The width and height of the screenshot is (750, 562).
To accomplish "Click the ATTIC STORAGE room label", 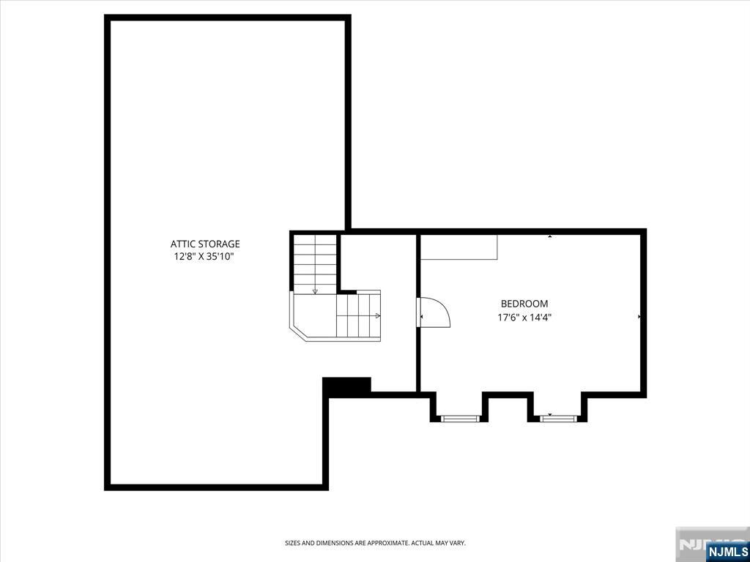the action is point(205,244).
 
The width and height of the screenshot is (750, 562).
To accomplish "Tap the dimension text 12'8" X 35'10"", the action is point(205,257).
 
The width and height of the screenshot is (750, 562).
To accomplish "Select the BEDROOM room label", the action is point(524,304).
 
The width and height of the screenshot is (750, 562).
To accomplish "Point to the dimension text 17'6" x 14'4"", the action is point(524,317).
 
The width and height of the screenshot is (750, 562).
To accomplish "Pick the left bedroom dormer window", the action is point(460,419).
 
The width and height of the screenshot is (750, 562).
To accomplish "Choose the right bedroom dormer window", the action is point(558,419).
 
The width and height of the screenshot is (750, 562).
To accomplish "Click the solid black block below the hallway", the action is point(346,385).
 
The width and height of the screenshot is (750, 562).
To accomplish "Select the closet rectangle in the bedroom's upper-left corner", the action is point(458,247).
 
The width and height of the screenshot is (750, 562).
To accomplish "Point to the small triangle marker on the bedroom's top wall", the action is point(550,236).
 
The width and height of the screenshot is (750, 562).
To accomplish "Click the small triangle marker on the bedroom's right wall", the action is point(639,316).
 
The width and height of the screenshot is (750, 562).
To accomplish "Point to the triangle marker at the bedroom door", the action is point(421,316).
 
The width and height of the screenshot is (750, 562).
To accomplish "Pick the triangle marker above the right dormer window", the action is point(550,414).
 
